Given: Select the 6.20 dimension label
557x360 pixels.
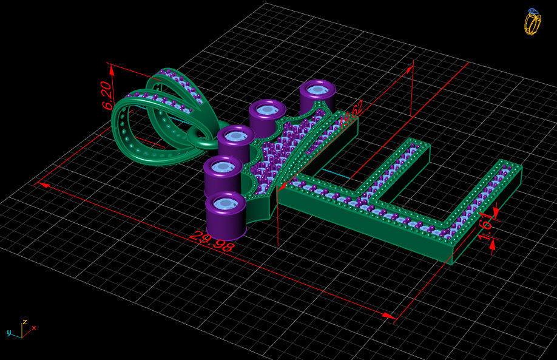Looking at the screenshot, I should click(x=107, y=95).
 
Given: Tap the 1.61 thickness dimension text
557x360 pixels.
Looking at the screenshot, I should click(x=486, y=226).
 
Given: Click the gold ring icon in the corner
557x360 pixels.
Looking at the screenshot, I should click(x=532, y=22).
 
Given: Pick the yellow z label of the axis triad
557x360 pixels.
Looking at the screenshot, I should click(x=24, y=322).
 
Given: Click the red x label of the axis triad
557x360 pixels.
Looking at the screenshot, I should click(x=34, y=328).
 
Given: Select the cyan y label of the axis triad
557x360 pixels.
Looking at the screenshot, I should click(x=9, y=333).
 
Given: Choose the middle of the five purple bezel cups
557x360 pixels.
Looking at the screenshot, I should click(x=235, y=143).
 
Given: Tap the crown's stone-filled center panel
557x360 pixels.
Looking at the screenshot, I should click(x=285, y=152).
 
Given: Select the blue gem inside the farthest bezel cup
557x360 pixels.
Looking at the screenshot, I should click(x=317, y=90).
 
